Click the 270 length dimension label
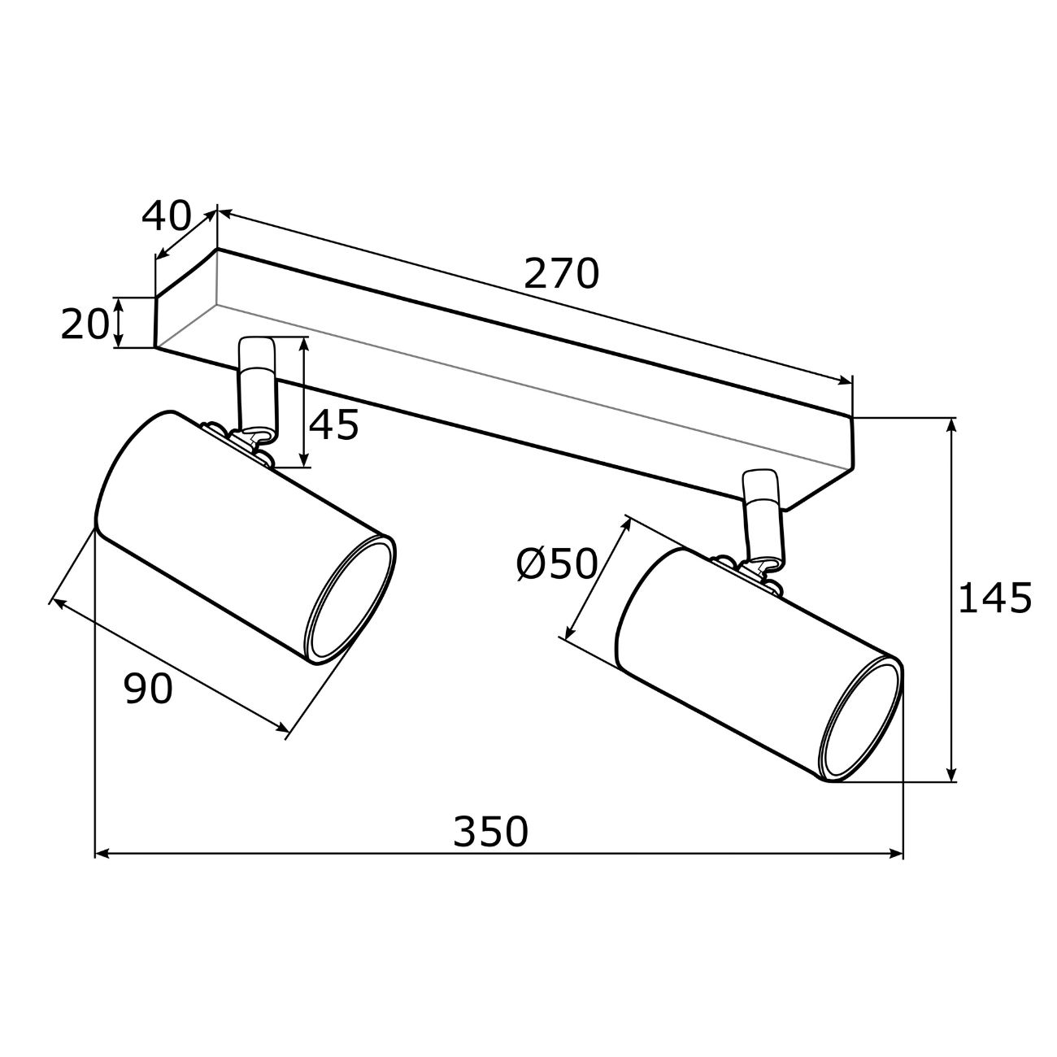pos(561,273)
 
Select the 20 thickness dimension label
pos(85,324)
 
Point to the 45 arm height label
pos(334,425)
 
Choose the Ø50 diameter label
pos(557,564)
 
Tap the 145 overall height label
pos(994,598)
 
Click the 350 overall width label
pos(490,832)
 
